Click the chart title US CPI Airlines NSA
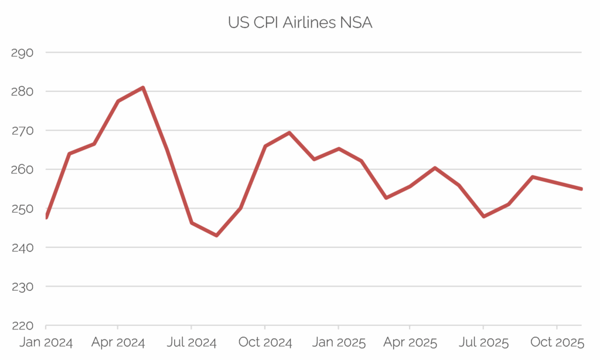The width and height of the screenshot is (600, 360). coord(300,23)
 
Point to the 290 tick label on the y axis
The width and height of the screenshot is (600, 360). coord(22,53)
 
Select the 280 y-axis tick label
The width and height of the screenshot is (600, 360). coord(22,91)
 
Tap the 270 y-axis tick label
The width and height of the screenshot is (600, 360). coord(22,131)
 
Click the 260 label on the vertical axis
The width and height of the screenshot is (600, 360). coord(22,169)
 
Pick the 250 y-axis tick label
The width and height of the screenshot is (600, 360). coord(22,209)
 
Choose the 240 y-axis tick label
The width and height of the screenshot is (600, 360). coord(22,247)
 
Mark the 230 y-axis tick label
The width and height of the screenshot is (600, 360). coord(22,287)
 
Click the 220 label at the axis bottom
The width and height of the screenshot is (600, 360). coord(22,325)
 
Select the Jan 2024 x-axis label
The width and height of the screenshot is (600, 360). coord(45,342)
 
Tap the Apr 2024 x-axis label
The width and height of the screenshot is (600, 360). coord(118,342)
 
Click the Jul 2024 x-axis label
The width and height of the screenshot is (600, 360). coord(191,342)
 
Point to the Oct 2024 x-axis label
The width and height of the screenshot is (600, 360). coord(265,342)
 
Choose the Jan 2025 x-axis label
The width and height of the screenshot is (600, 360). coord(338,342)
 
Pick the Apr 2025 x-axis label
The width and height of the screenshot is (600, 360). coord(410,342)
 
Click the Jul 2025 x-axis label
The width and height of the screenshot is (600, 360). coord(483,342)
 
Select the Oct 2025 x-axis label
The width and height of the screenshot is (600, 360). coord(556,342)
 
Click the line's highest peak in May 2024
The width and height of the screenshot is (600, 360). coord(143,88)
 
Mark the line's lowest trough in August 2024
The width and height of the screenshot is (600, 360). coord(216,235)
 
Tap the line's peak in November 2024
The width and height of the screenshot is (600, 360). coord(289,133)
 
